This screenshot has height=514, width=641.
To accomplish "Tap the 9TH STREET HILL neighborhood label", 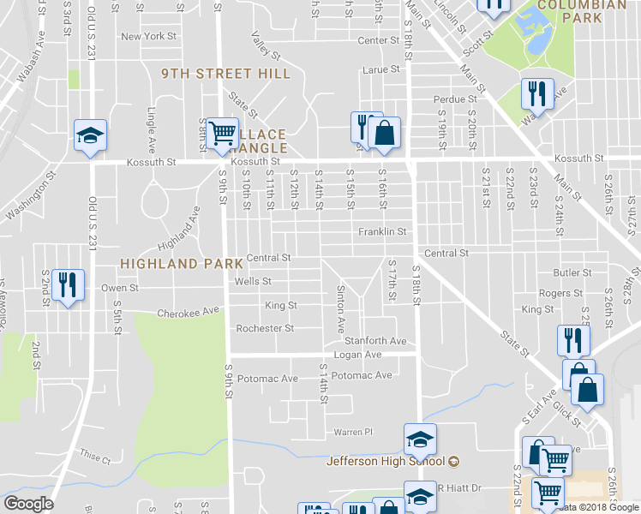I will point(226,75).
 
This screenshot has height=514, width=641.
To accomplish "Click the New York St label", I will point(148,37).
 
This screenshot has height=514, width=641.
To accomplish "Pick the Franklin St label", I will point(381,231).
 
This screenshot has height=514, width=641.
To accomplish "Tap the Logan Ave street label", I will point(357,354).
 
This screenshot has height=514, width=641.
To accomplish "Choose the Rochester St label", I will point(265,328).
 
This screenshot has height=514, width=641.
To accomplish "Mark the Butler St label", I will point(567,272).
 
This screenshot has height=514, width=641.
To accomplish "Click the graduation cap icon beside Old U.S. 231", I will point(90,135).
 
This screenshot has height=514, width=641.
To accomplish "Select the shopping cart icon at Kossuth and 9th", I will point(222,133).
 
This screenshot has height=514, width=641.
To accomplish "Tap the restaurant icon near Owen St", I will point(68,284).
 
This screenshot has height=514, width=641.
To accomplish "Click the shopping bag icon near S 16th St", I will point(386,132).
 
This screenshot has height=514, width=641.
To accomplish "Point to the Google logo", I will point(29,504).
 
